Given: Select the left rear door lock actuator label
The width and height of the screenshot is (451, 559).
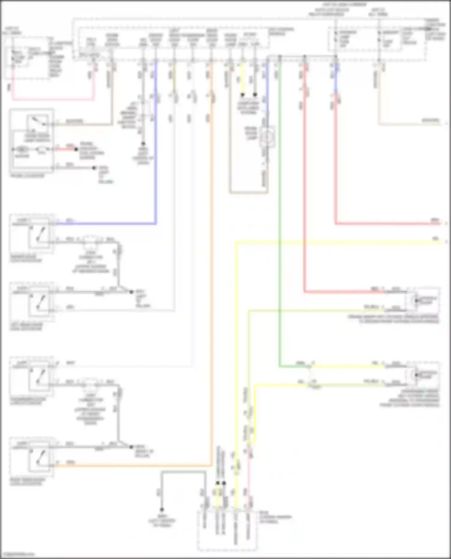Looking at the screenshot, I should click(x=26, y=327).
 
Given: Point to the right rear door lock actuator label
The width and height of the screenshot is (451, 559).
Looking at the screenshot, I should click(x=28, y=482).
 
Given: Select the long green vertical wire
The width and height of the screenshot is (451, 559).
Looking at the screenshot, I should click(x=280, y=210).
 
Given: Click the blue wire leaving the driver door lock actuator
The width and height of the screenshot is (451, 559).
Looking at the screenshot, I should click(x=105, y=224).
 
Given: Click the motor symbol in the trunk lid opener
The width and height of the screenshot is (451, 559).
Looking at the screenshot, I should click(x=22, y=149).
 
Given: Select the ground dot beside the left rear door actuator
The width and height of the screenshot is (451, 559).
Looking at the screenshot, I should click(x=131, y=292).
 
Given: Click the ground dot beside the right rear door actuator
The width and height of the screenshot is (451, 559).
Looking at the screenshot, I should click(x=131, y=447).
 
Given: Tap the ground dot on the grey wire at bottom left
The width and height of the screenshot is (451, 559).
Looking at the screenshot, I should click(x=162, y=509).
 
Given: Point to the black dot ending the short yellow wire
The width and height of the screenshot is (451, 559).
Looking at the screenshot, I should click(x=242, y=95).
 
